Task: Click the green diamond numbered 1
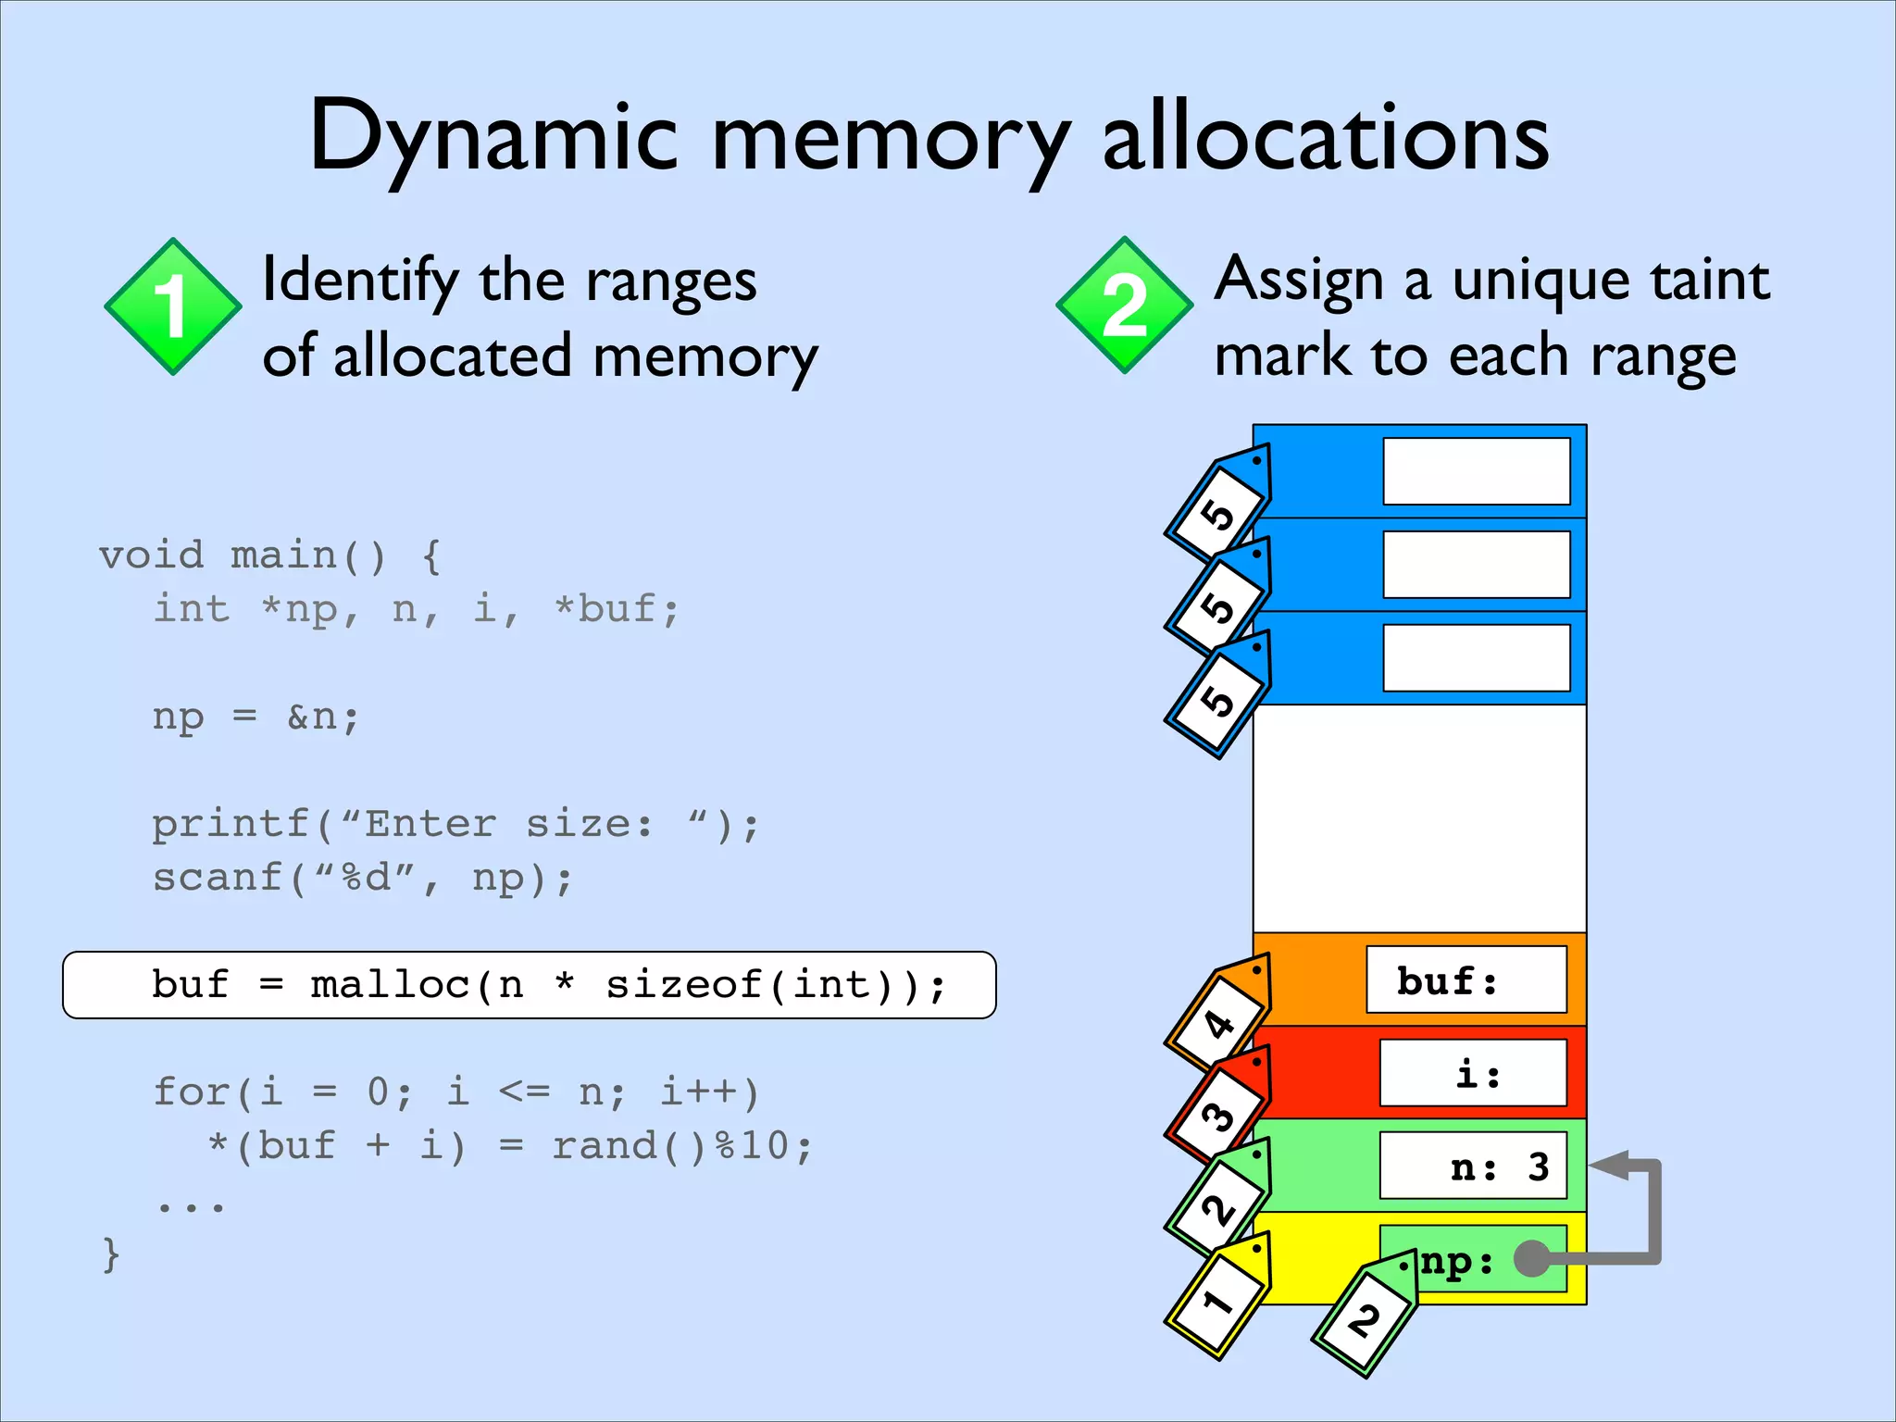173,306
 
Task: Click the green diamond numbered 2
1124,306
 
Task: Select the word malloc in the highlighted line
391,985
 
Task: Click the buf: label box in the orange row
1466,979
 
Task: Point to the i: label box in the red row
1473,1073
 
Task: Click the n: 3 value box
1473,1166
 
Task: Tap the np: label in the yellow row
1457,1261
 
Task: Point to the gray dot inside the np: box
1531,1258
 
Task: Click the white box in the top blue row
1476,471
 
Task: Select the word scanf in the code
218,878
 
